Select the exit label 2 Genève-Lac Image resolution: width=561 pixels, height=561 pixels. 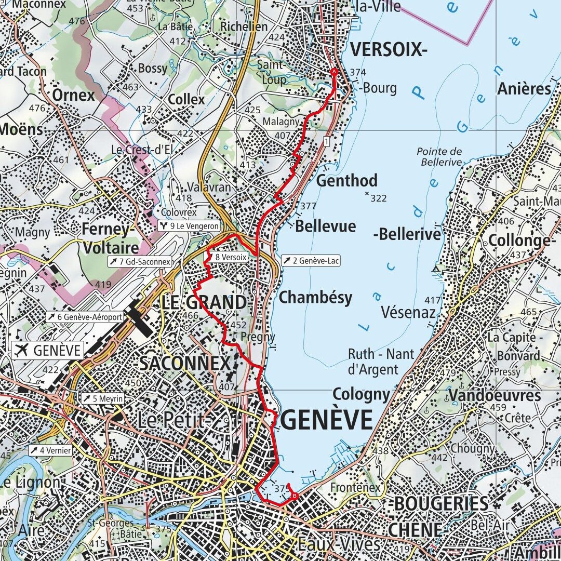click(x=311, y=261)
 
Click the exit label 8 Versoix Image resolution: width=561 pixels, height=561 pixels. click(x=230, y=257)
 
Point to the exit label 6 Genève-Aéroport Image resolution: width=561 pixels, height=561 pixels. click(x=86, y=317)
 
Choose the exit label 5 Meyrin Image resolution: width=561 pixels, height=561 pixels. click(x=102, y=398)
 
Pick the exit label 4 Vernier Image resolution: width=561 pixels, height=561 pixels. click(x=50, y=450)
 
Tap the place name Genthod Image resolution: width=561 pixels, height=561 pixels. click(x=346, y=181)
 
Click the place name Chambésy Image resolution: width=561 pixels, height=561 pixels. click(x=315, y=298)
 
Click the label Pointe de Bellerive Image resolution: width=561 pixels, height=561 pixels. click(x=439, y=157)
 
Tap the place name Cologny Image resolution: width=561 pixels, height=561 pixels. click(x=360, y=395)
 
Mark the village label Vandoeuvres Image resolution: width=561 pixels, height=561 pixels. click(x=495, y=395)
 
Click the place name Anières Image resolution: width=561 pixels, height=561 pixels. click(x=524, y=89)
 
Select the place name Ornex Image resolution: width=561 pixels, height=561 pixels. click(x=73, y=96)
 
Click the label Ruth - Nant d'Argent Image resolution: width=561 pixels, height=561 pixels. click(x=381, y=362)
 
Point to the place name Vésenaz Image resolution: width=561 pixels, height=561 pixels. click(x=408, y=312)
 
